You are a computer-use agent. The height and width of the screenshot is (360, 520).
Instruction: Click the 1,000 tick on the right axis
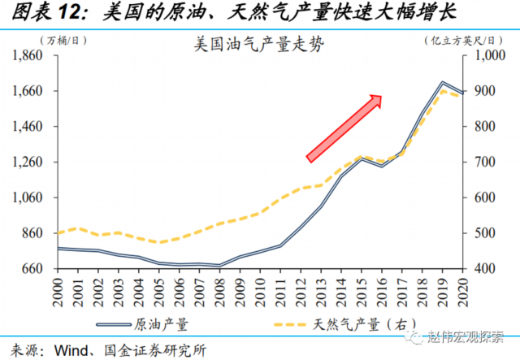[x=484, y=55]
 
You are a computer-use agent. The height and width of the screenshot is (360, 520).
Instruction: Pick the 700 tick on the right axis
[x=479, y=162]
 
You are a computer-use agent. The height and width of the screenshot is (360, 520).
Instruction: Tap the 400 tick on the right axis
[x=479, y=268]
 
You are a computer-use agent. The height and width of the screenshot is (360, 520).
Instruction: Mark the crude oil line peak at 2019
[x=442, y=82]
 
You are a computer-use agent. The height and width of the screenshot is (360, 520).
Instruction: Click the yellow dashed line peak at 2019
[x=443, y=89]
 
